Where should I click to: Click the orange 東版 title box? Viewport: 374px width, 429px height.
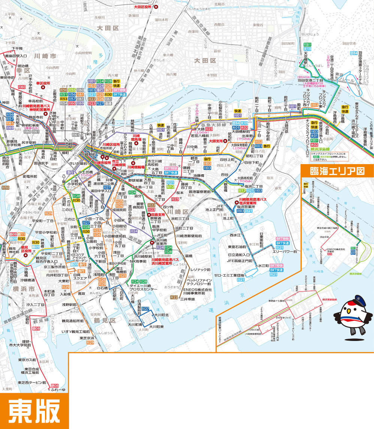coord(34,410)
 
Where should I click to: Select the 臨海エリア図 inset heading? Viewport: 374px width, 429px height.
coord(337,171)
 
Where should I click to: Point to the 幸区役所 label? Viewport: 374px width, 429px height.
coord(43,83)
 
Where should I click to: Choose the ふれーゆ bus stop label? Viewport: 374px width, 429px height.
coord(58,390)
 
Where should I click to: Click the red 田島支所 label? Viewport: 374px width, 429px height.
coord(156,215)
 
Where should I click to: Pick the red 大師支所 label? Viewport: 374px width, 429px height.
coord(217,141)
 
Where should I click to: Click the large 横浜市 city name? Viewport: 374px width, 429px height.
coord(22,290)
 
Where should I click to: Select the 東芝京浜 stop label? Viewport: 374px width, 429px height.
coord(87,338)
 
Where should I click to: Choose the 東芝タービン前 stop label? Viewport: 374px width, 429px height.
coord(32,383)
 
